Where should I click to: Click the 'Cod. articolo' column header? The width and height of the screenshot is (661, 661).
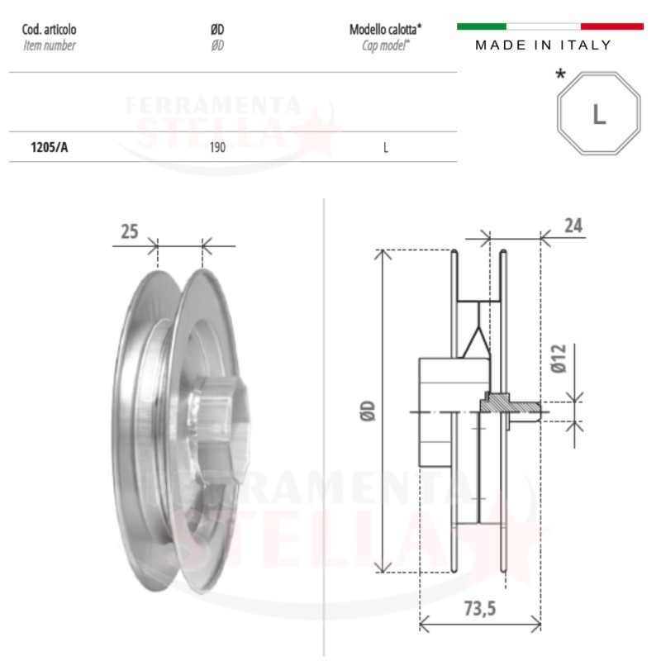(49, 30)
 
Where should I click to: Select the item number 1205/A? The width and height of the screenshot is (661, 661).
(49, 147)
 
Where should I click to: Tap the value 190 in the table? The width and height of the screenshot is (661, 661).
(217, 147)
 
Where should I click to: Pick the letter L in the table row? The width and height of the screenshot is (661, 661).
(386, 148)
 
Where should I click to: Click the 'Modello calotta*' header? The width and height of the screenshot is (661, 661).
(385, 30)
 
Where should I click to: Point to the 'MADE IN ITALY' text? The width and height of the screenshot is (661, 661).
(543, 45)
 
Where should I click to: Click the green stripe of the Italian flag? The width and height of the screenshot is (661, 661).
(482, 26)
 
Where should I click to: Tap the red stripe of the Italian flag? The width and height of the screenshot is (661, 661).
(612, 26)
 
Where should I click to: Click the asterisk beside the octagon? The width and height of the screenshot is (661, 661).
(560, 74)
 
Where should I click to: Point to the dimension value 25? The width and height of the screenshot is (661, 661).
(130, 231)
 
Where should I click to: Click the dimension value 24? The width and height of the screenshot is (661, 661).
(573, 226)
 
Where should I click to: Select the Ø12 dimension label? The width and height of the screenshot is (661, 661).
(559, 359)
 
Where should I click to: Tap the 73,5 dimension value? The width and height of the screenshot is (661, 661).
(480, 608)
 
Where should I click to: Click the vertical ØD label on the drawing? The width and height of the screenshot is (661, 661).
(368, 411)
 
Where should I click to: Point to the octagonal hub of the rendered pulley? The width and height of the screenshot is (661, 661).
(219, 426)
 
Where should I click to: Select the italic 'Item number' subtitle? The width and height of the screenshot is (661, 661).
(50, 45)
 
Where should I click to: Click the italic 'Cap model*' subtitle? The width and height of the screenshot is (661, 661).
(385, 45)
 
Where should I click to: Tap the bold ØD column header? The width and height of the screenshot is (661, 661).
(217, 30)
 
